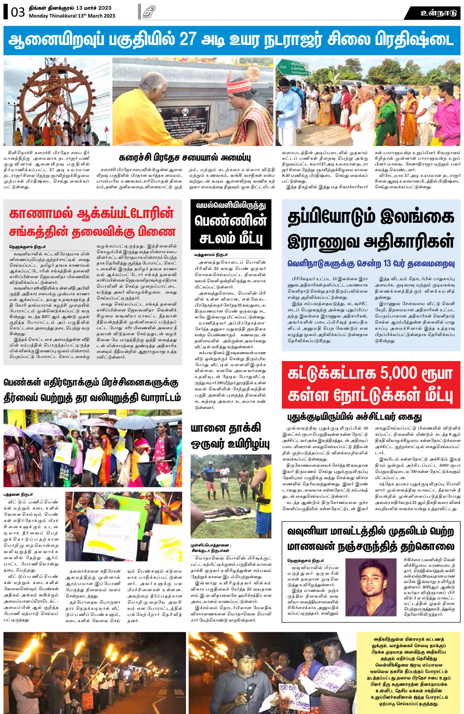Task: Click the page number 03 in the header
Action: point(18,11)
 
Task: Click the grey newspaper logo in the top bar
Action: point(149,12)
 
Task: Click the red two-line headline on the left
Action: point(92,222)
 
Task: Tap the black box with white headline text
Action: point(231,225)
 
